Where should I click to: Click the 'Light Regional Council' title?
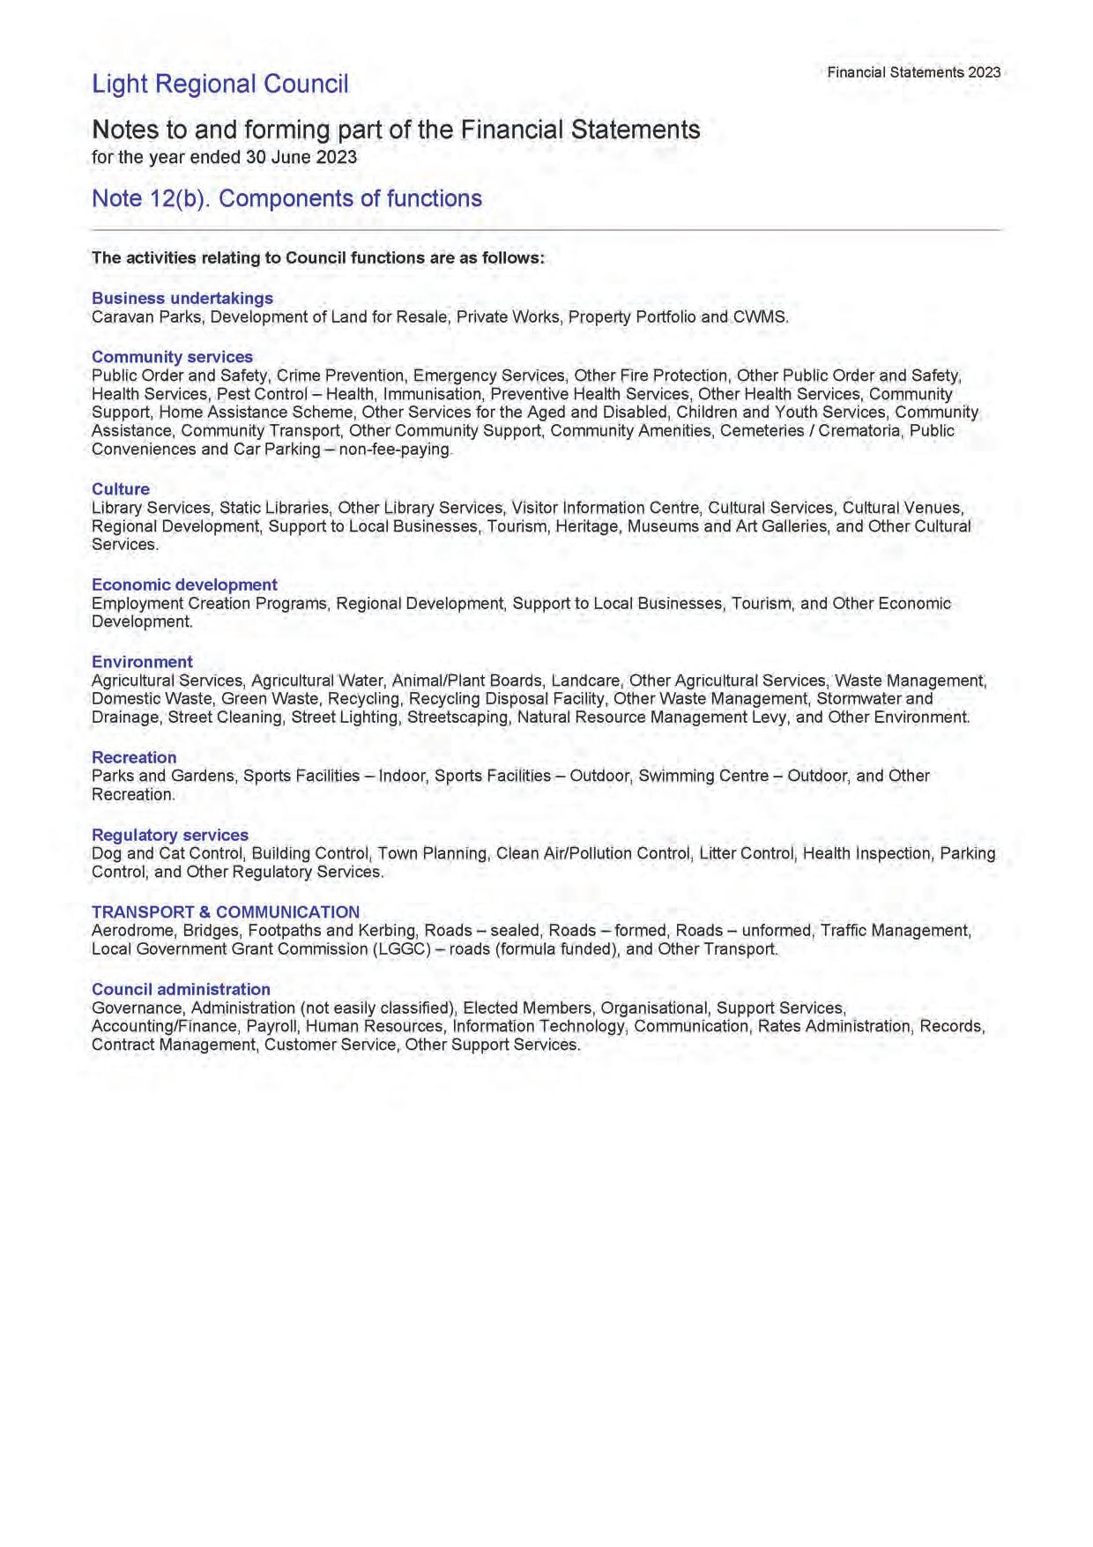[x=219, y=84]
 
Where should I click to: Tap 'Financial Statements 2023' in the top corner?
[x=913, y=72]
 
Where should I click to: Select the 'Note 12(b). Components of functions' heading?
[x=286, y=198]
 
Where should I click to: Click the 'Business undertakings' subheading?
[x=182, y=298]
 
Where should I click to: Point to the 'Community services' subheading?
[x=172, y=357]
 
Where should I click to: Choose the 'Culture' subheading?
[x=121, y=489]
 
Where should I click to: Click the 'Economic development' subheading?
[x=184, y=584]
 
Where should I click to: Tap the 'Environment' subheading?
[x=142, y=662]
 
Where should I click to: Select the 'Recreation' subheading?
[x=134, y=757]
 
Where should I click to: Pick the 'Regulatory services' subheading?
[x=170, y=835]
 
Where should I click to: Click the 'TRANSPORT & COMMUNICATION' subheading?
[x=226, y=911]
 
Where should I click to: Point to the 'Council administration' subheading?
[x=181, y=989]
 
